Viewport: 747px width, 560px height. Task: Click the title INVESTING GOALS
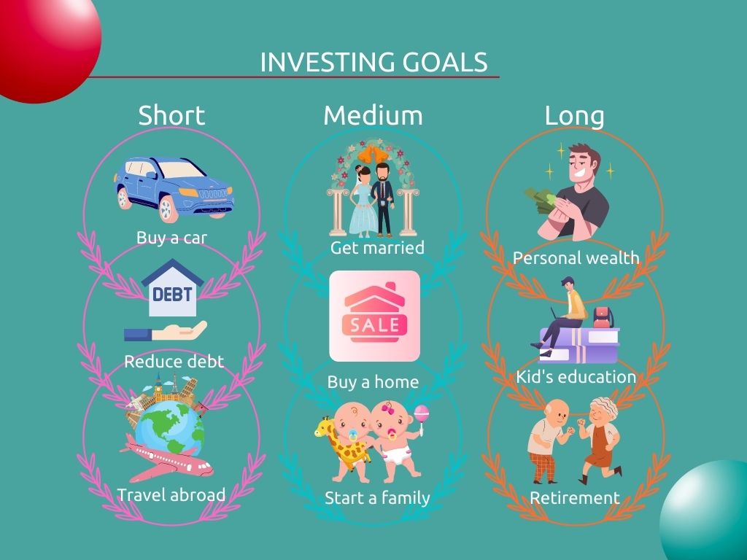coord(373,62)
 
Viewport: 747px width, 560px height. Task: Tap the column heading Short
coord(171,115)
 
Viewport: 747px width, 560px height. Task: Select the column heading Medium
coord(373,115)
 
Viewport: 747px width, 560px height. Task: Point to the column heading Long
coord(574,115)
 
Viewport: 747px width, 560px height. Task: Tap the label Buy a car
coord(171,238)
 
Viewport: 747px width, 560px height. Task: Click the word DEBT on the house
coord(172,295)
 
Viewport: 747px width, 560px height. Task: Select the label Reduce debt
coord(174,361)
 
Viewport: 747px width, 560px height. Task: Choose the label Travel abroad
coord(171,495)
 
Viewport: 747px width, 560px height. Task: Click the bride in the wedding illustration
coord(360,201)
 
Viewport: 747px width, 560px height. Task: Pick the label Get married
coord(377,248)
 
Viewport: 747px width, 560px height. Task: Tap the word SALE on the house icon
coord(374,324)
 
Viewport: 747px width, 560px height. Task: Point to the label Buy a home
coord(373,382)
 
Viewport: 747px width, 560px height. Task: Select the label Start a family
coord(377,498)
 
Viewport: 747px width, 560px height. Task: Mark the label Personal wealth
coord(576,258)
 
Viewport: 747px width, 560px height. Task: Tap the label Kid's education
coord(576,377)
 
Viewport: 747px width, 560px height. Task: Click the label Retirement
coord(574,498)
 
